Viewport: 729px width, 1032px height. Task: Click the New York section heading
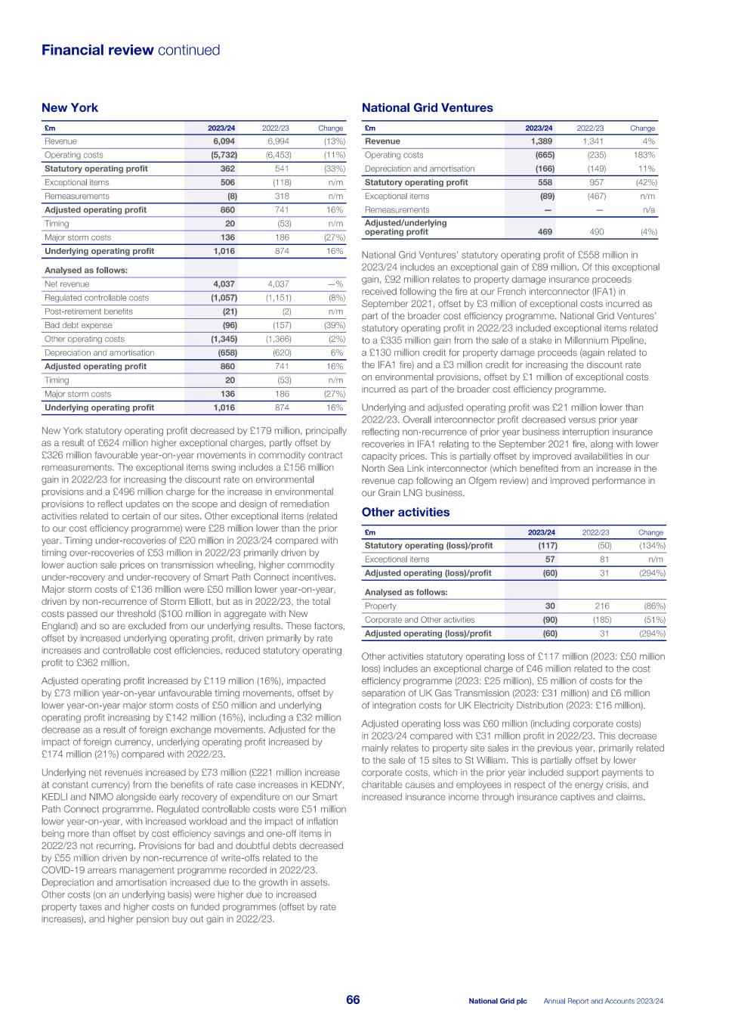coord(70,108)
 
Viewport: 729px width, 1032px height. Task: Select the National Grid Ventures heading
coord(427,108)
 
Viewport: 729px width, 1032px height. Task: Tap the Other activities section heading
coord(406,513)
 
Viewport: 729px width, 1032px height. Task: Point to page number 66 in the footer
coord(353,1000)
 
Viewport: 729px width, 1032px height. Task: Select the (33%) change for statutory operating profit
coord(334,169)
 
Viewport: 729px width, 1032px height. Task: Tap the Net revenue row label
coord(66,284)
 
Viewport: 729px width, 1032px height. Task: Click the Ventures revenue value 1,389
coord(541,141)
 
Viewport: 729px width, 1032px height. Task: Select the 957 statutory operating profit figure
coord(597,182)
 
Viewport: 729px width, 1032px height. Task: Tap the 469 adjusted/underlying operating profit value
coord(545,232)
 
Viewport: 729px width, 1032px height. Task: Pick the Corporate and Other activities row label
coord(419,620)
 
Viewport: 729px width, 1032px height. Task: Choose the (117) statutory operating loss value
coord(547,546)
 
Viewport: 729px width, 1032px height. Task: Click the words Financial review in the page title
coord(97,51)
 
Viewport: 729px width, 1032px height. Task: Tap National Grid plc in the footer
coord(497,1001)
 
